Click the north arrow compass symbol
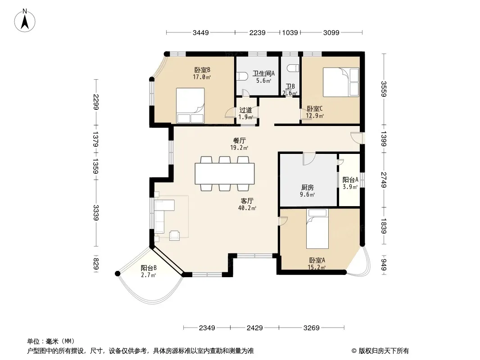pos(25,21)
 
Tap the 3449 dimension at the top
pos(200,32)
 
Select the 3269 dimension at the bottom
pos(311,328)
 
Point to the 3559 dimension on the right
pos(384,89)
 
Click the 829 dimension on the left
pos(96,264)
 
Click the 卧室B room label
pos(202,70)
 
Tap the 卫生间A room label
pos(263,73)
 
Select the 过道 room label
pos(245,110)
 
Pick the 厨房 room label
pos(308,188)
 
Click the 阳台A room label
pos(350,180)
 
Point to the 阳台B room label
pos(149,268)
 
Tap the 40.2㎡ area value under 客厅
pos(247,208)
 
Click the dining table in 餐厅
pos(225,174)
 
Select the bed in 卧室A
pos(317,229)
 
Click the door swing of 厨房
pos(309,159)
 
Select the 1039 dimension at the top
pos(290,32)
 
